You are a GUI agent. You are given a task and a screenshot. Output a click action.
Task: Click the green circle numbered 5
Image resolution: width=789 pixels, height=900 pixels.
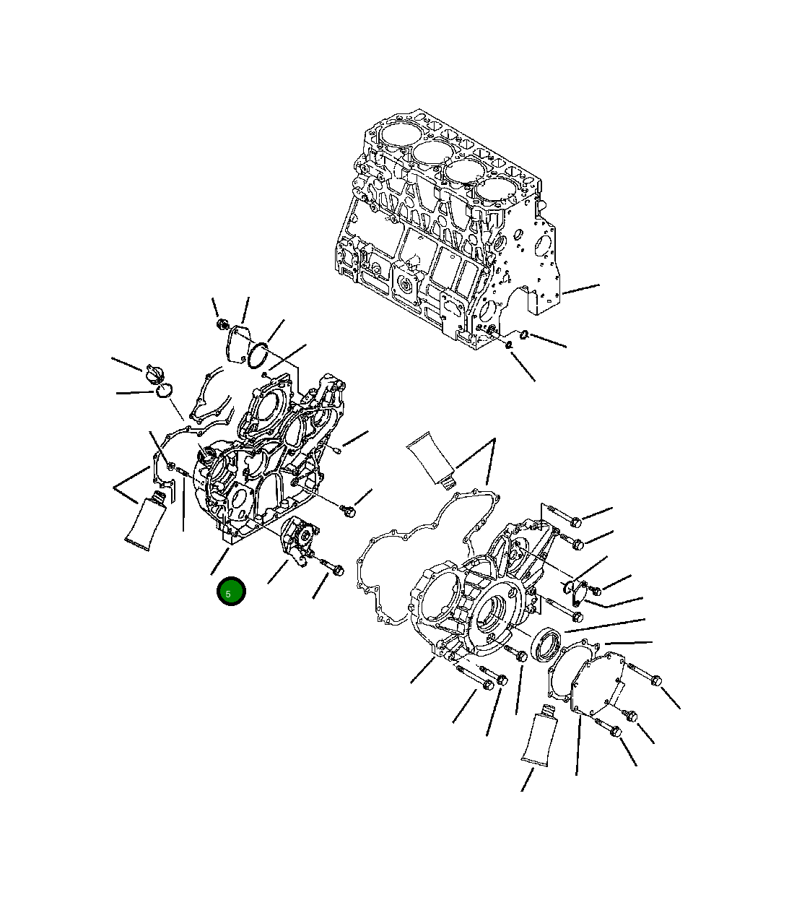pos(231,592)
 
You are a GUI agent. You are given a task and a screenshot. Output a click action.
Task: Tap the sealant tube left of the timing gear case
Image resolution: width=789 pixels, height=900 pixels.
pos(147,519)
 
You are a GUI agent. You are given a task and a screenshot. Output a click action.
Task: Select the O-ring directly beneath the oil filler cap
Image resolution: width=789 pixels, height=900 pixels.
pos(164,391)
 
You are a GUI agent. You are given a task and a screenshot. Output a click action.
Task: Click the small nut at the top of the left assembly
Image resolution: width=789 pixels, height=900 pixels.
pos(222,324)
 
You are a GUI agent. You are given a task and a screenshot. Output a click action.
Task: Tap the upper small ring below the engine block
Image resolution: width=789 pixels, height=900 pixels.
pos(524,334)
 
